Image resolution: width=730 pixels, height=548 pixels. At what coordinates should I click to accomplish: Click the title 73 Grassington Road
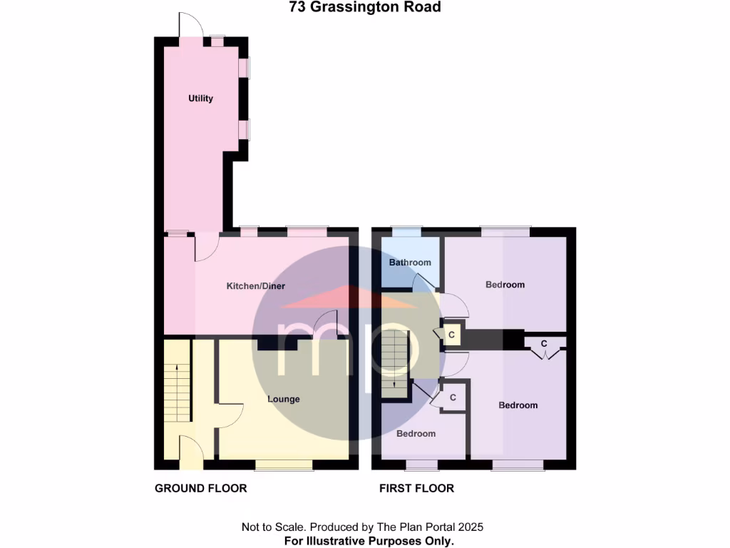tap(364, 8)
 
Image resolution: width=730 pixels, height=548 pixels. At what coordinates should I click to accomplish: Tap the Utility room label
tap(200, 98)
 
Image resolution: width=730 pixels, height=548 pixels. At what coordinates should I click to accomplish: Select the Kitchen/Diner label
tap(255, 286)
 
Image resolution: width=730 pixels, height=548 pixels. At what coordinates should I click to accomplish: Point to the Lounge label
tap(283, 399)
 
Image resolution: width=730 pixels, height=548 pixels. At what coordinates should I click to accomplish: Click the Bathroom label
tap(410, 263)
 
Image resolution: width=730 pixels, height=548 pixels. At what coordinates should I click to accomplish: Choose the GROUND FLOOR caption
tap(200, 489)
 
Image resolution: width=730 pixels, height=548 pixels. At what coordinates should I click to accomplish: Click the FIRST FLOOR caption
tap(416, 489)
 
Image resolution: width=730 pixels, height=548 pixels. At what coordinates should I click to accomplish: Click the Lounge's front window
tap(284, 465)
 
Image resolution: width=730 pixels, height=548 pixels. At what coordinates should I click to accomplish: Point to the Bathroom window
tap(406, 231)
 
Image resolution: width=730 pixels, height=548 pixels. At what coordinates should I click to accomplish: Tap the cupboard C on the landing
tap(451, 334)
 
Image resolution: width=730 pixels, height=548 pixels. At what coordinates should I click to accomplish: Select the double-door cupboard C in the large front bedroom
tap(544, 344)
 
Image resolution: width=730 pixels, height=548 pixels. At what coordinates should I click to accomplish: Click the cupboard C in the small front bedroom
tap(452, 397)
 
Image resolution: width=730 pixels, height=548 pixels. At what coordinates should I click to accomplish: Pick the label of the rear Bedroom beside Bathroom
tap(505, 285)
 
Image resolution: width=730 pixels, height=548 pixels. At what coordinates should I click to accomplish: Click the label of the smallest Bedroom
tap(416, 434)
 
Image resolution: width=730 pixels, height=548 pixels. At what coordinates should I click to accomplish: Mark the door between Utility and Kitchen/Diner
tap(205, 247)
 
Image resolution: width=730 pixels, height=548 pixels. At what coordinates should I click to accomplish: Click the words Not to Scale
tap(273, 527)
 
